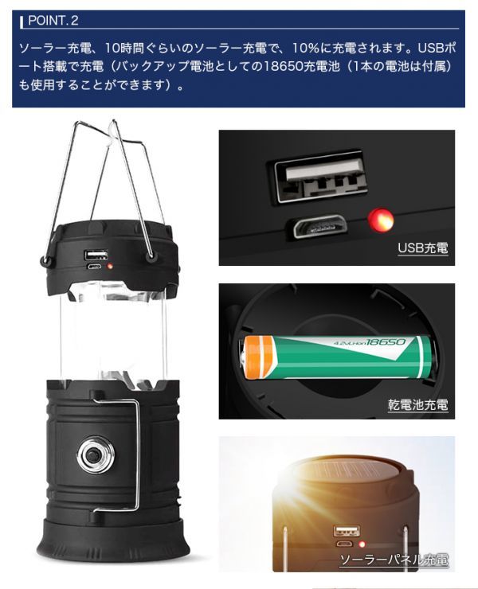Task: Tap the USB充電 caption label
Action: click(423, 249)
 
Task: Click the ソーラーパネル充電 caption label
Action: click(394, 559)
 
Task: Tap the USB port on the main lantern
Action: click(96, 255)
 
